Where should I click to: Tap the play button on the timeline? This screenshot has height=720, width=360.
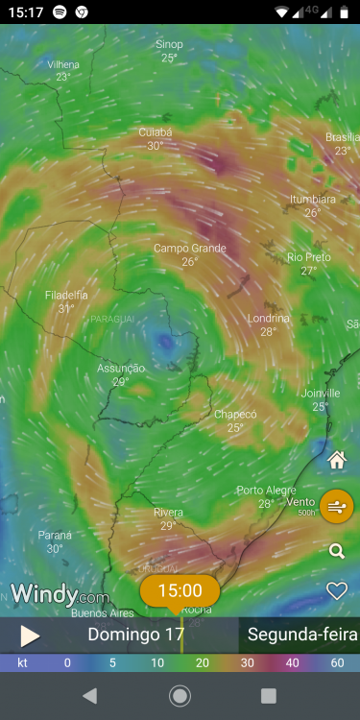pos(30,636)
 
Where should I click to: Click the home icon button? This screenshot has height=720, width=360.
pos(336,460)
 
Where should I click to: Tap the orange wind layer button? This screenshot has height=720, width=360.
pos(336,505)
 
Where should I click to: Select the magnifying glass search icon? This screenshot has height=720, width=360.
pos(336,551)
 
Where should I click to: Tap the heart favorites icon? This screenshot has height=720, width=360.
pos(336,590)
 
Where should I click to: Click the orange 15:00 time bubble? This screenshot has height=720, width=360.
pos(180,590)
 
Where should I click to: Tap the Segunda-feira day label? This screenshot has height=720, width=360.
pos(302,635)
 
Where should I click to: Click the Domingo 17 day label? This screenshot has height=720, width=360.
pos(135,635)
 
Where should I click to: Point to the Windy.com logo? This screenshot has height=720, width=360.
pos(60,594)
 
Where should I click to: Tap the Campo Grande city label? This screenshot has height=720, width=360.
pos(190,249)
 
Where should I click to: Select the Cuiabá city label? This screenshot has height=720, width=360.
pos(156,132)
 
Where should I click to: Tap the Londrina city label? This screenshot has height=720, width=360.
pos(268,318)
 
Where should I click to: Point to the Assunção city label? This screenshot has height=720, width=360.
pos(121,369)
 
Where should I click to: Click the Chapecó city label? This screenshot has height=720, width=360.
pos(235,415)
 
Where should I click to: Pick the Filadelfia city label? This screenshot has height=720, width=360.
pos(66,296)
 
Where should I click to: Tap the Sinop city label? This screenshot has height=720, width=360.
pos(169,45)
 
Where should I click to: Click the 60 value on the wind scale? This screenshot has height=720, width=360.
pos(337,662)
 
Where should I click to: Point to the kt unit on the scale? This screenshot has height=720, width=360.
pos(22,662)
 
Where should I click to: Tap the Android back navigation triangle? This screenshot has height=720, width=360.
pos(90,696)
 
